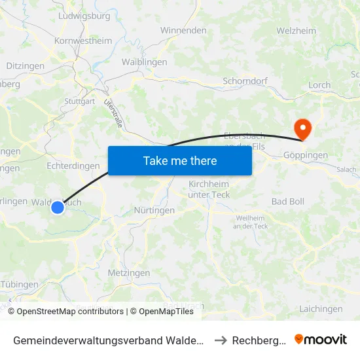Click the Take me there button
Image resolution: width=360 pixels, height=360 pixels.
tap(180, 160)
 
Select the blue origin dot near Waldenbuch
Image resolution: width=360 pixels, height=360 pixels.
tap(58, 207)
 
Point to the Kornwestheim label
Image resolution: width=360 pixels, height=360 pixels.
tap(83, 41)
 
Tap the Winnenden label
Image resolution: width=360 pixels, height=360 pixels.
tap(183, 31)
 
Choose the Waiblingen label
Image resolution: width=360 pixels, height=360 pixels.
tap(144, 62)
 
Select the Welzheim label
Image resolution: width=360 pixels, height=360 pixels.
tap(296, 31)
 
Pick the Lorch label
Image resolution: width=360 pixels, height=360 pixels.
tap(319, 85)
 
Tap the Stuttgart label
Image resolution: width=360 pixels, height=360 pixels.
tap(80, 101)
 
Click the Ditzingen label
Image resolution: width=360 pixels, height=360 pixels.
tap(25, 66)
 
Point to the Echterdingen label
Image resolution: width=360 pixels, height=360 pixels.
tap(73, 166)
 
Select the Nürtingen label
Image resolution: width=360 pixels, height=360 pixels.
tap(154, 211)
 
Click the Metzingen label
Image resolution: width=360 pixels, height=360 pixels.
tap(128, 273)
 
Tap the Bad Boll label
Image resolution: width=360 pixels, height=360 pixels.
tap(288, 202)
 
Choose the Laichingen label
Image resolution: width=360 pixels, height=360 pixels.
tap(320, 309)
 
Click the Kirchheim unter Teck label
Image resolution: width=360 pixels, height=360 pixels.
tap(209, 189)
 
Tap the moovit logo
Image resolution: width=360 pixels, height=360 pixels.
tap(321, 339)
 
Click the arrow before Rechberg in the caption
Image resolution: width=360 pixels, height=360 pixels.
tap(220, 340)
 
